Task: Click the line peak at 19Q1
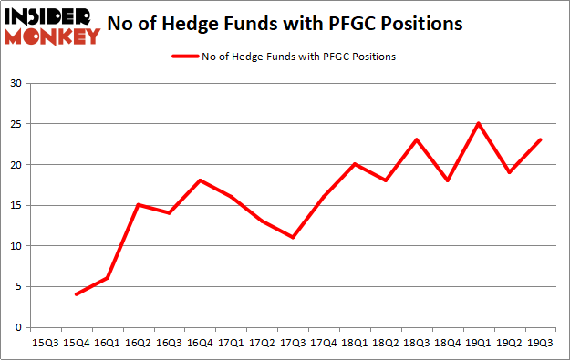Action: [x=478, y=124]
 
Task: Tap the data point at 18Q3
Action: [x=416, y=139]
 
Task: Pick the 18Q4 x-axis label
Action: [x=447, y=343]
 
